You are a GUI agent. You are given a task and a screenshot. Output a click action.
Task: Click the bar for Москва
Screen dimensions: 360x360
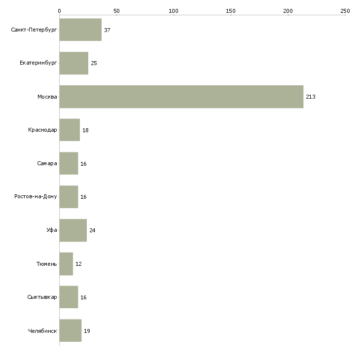tap(181, 97)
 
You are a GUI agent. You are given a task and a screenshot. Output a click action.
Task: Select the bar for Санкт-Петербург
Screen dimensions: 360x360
tap(80, 30)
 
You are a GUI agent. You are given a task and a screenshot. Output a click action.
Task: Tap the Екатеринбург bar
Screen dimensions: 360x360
tap(73, 63)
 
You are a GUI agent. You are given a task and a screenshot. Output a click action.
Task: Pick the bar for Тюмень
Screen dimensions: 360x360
tap(66, 264)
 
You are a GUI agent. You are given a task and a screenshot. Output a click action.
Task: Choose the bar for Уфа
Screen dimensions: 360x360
tap(73, 230)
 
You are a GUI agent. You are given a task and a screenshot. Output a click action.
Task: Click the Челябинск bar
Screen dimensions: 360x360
tap(70, 330)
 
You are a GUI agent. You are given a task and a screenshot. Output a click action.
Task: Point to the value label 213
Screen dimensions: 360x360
tap(310, 97)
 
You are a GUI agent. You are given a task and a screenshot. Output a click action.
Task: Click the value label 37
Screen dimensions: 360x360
tap(107, 30)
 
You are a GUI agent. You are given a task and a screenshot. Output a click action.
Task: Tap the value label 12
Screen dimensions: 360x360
tap(78, 264)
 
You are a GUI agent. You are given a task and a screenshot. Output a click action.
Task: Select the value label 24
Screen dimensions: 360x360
tap(92, 230)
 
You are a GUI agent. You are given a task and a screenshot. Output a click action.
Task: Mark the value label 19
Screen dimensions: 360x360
tap(87, 331)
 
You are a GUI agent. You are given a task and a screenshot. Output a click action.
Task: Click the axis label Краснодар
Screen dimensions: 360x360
tap(42, 130)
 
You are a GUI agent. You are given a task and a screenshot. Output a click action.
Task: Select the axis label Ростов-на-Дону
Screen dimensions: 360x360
tap(36, 197)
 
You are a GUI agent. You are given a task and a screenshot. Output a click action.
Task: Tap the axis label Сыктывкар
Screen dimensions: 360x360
tap(42, 297)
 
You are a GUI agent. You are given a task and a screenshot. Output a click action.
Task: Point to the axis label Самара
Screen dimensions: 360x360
tap(47, 163)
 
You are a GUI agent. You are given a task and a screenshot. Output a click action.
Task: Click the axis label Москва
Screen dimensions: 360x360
tap(47, 97)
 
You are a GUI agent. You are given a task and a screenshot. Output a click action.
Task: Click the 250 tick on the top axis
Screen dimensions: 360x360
tap(345, 10)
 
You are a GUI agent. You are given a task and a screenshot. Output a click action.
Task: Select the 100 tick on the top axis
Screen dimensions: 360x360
tap(173, 10)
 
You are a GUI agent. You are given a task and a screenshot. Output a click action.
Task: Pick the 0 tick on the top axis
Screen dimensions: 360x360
tap(59, 10)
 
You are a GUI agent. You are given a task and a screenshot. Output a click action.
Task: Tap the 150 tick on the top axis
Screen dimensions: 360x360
tap(230, 10)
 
